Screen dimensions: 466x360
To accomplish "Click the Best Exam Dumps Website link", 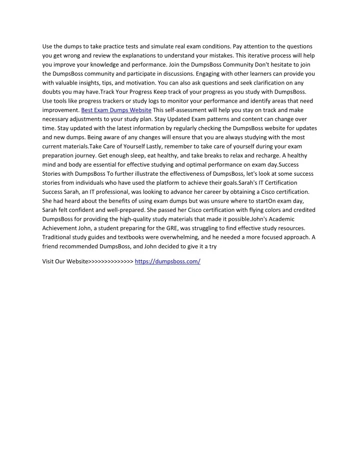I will coord(116,110).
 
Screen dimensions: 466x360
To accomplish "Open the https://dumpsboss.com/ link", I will coord(167,262).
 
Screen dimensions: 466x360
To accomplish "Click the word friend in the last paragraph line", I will coord(51,246).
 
